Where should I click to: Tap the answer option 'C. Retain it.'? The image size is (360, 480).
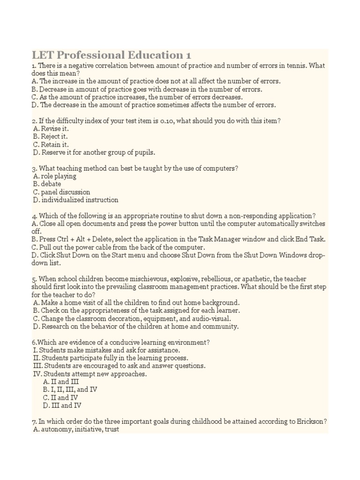tap(51, 144)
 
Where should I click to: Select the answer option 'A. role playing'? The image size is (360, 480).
tap(55, 176)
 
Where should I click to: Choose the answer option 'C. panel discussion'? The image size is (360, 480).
tap(61, 192)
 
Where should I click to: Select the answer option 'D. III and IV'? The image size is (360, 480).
tap(62, 405)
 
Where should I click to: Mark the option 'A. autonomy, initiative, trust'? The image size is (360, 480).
tap(76, 429)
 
